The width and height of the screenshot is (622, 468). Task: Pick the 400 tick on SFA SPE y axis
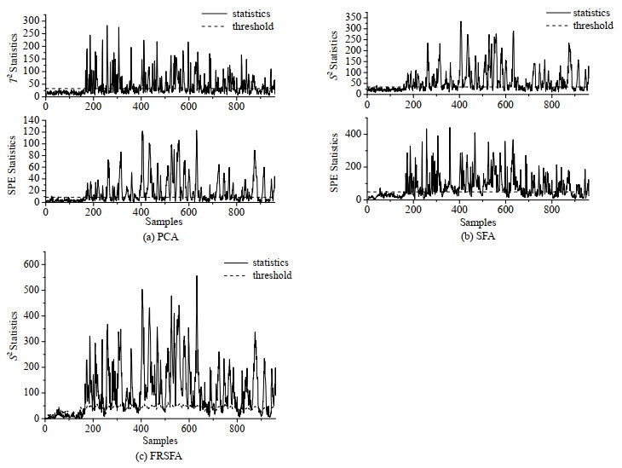(x=352, y=134)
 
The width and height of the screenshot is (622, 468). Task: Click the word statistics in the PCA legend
(x=251, y=14)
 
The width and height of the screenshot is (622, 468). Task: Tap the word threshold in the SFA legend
(x=593, y=26)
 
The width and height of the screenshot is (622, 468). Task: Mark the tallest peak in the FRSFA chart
(x=197, y=276)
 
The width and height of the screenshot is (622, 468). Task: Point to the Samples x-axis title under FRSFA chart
(x=160, y=440)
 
